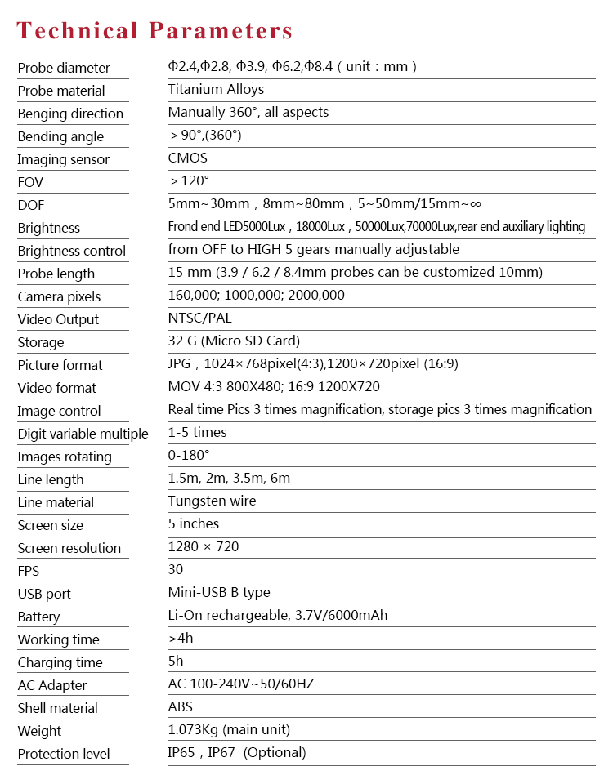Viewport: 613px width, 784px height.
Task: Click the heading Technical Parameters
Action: [x=154, y=31]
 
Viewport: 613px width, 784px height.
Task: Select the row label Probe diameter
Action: [x=64, y=68]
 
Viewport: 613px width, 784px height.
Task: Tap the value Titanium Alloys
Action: [x=216, y=89]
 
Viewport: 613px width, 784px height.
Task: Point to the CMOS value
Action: [x=188, y=158]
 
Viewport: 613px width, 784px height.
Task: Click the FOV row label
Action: [x=30, y=182]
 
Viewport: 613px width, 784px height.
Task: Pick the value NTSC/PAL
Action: [x=200, y=318]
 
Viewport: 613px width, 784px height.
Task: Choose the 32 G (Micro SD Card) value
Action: [x=234, y=341]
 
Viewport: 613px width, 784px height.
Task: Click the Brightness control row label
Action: [x=72, y=251]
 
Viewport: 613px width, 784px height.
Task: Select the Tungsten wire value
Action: [x=212, y=501]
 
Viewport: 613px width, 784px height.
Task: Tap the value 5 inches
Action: [x=194, y=523]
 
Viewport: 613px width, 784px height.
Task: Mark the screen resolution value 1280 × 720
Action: [x=204, y=546]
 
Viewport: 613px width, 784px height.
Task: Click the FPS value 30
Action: [x=176, y=569]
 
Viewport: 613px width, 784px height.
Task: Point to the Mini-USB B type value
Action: [x=219, y=592]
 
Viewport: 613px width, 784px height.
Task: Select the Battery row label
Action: [x=38, y=617]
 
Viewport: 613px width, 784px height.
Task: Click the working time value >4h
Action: [x=181, y=638]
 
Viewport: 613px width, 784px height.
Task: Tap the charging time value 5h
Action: [x=175, y=661]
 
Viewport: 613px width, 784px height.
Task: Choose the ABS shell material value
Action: [x=181, y=706]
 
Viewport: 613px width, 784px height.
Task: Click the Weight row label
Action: [x=39, y=731]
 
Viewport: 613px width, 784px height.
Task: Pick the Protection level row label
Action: [x=64, y=754]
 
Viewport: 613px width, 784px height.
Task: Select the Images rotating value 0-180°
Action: [x=189, y=455]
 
